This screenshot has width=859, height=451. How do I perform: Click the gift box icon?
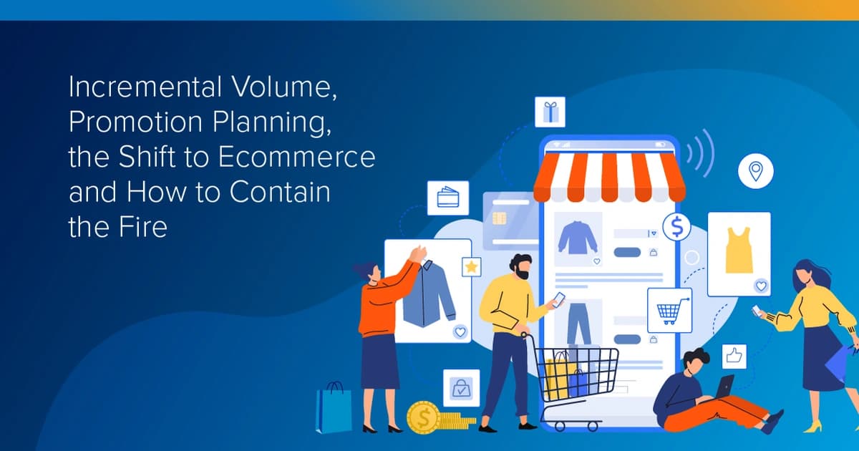[x=550, y=112]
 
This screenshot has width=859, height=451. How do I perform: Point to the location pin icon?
[x=755, y=171]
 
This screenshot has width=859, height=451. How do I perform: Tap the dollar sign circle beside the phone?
[x=676, y=227]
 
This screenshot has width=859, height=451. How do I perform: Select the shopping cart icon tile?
[x=669, y=311]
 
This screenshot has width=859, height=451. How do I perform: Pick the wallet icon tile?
[x=447, y=198]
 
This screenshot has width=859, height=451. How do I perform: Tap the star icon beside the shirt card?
[x=471, y=267]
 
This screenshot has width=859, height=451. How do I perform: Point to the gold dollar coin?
[x=423, y=418]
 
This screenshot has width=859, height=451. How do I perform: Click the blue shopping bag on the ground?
[x=334, y=408]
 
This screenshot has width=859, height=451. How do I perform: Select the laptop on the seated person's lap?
[x=724, y=387]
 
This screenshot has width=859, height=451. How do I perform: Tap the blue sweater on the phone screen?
[x=578, y=238]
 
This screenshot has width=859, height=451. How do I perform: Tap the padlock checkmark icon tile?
[x=461, y=388]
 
